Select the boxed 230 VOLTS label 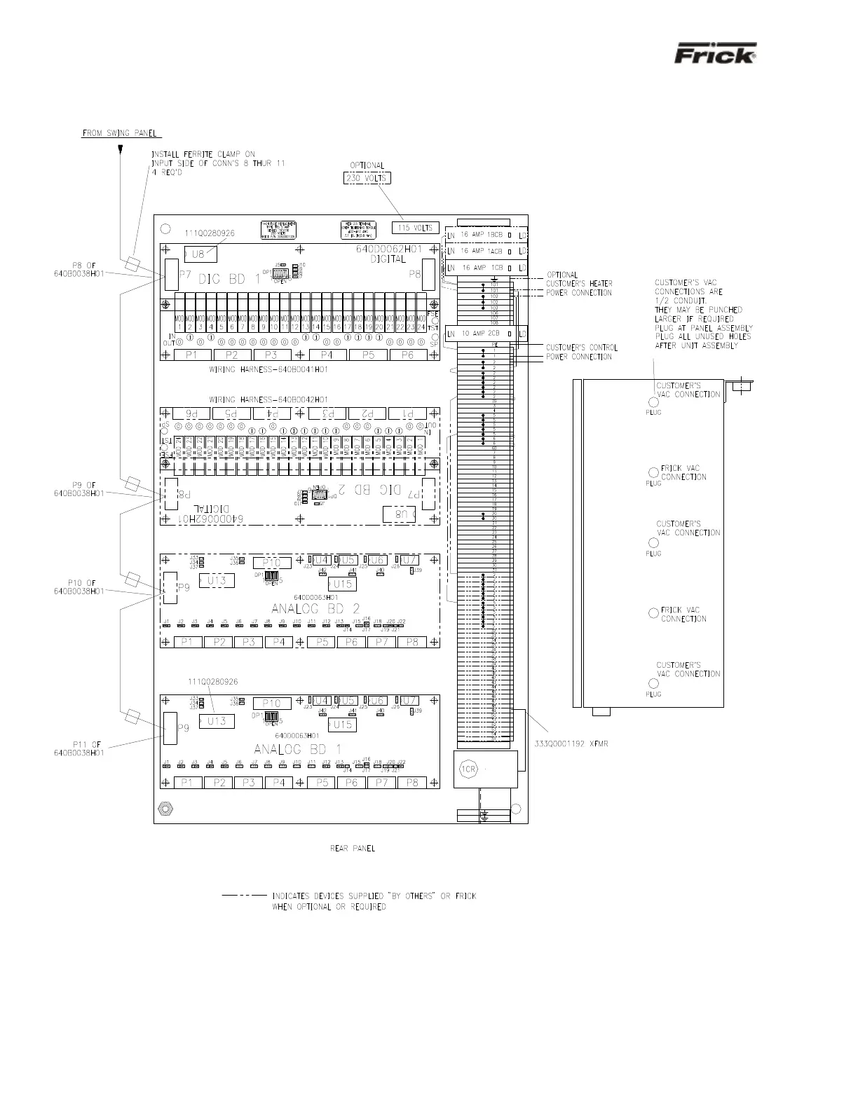coord(367,178)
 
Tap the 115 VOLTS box coord(415,228)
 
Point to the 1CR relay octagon coord(468,769)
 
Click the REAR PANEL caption coord(353,849)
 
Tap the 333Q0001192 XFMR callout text coord(576,744)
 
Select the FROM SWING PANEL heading coord(121,132)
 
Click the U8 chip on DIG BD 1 coord(200,254)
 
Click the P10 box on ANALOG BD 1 coord(271,703)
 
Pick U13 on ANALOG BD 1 coord(217,720)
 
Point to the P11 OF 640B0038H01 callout coord(79,748)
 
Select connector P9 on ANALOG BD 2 coord(170,588)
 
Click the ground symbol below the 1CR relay coord(484,816)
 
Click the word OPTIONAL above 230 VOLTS coord(367,166)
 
